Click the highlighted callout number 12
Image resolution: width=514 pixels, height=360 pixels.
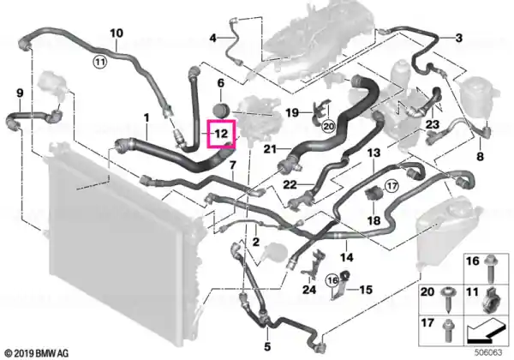[221, 134]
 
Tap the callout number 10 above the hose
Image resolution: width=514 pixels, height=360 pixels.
[117, 33]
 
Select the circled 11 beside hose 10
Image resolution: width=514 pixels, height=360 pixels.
[99, 62]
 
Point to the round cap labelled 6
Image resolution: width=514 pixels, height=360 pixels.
[221, 110]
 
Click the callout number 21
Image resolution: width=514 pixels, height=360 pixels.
[271, 149]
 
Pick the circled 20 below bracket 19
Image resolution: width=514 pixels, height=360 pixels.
[328, 126]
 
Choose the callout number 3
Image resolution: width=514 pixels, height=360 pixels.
[459, 38]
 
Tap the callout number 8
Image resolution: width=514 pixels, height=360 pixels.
[480, 156]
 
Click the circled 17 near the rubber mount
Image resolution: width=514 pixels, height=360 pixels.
[391, 186]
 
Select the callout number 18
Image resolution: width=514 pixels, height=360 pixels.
[374, 220]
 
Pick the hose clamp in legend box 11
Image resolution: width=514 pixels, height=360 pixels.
[492, 300]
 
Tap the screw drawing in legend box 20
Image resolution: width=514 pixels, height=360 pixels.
[447, 298]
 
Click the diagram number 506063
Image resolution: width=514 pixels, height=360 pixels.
[488, 353]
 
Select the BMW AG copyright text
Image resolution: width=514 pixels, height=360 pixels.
[38, 353]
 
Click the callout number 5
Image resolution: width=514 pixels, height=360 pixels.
[267, 346]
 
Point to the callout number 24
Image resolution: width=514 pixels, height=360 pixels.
[309, 290]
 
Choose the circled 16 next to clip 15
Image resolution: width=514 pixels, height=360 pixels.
[332, 280]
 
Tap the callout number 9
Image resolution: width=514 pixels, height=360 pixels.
[20, 93]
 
